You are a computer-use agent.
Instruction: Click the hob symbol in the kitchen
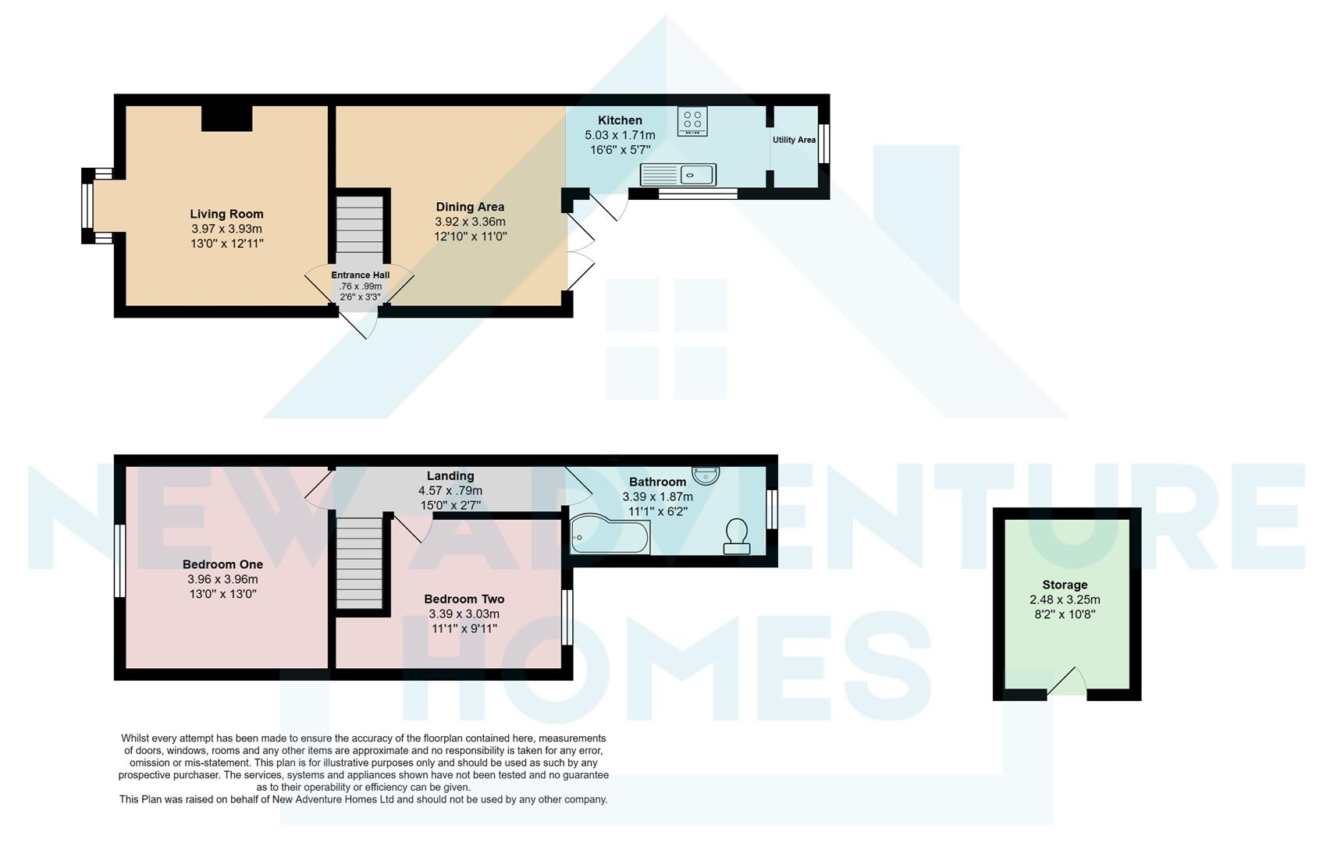click(692, 121)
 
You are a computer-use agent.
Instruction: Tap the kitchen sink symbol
click(678, 175)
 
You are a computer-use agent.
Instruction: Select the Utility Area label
click(794, 140)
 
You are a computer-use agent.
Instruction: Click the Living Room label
click(226, 214)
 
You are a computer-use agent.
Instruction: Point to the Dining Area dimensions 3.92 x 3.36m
click(470, 222)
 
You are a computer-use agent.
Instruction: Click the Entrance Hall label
click(360, 276)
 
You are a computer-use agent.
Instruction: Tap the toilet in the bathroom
click(736, 536)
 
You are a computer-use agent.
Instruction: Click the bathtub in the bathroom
click(609, 535)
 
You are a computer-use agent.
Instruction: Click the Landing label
click(450, 476)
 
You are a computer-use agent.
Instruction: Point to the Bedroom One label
click(222, 564)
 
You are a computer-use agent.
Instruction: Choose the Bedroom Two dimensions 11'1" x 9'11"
click(464, 628)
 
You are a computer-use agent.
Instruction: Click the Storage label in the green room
click(1065, 585)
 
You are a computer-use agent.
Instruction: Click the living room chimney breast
click(226, 118)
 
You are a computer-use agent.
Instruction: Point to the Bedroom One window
click(120, 560)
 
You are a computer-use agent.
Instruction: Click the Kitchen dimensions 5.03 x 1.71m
click(620, 135)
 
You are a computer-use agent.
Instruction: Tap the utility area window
click(823, 143)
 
